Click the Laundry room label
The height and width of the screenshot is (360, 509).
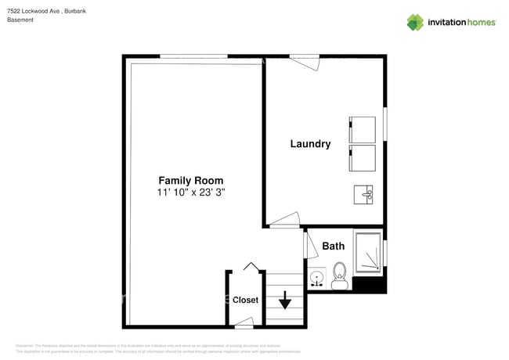click(x=310, y=144)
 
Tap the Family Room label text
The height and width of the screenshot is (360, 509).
click(x=191, y=179)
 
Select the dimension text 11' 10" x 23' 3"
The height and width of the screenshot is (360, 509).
click(x=191, y=192)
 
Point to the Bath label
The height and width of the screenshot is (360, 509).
click(x=334, y=246)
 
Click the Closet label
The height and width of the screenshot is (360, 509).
click(x=245, y=300)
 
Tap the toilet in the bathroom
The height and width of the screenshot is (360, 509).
click(x=340, y=275)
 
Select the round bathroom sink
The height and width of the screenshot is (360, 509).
click(x=316, y=278)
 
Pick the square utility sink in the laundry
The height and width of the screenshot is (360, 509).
click(x=364, y=193)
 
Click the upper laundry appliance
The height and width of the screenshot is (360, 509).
click(x=362, y=129)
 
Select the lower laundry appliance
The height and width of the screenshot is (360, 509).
click(x=362, y=157)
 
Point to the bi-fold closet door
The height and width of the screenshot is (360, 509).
click(x=251, y=268)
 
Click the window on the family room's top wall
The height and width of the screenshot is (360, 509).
click(x=193, y=56)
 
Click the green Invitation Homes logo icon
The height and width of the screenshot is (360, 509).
click(x=415, y=22)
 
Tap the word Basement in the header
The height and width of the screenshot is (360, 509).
click(x=20, y=20)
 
